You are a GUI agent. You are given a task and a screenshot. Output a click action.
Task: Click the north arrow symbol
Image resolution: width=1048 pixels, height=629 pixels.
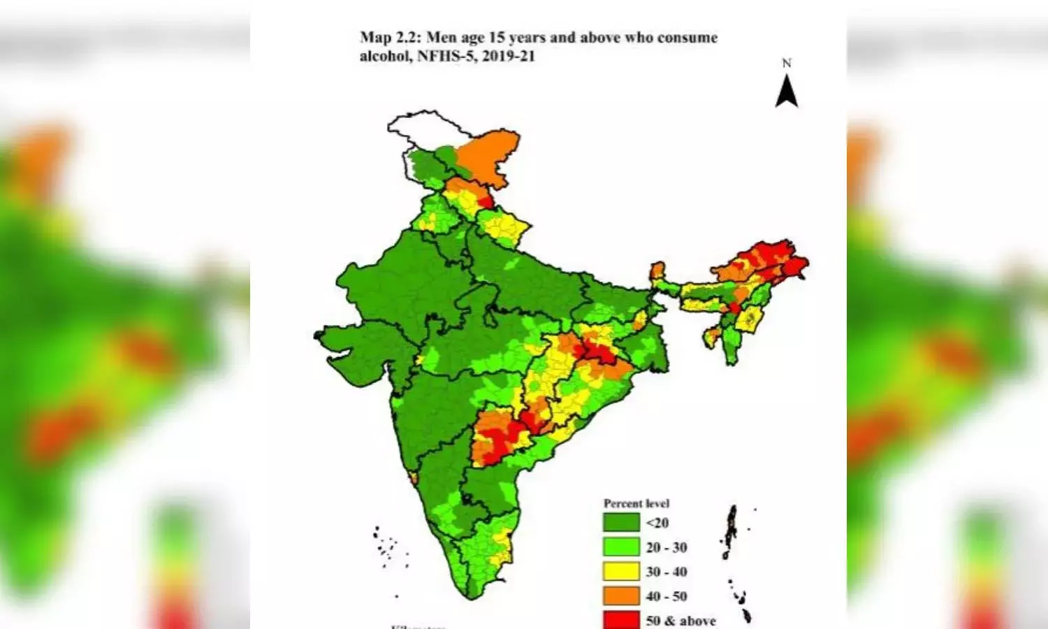[787, 92]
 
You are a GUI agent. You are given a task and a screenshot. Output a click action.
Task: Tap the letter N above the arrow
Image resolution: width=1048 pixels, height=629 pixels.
[787, 64]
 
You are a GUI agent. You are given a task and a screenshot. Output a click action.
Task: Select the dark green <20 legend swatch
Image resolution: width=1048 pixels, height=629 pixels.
[621, 523]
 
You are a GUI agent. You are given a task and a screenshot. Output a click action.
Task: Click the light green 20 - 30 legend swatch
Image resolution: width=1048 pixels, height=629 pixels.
[621, 547]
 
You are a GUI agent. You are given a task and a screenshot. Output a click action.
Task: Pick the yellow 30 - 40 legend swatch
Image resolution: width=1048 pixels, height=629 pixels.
[621, 572]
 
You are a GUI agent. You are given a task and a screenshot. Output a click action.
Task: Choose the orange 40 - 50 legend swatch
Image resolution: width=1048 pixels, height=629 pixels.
[621, 596]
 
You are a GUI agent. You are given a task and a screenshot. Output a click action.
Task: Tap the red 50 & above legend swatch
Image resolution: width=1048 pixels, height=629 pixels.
[621, 619]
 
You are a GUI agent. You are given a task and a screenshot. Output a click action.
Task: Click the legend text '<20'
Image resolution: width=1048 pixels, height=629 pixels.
[657, 523]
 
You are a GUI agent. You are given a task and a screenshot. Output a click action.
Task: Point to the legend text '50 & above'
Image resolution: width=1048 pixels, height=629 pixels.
[681, 621]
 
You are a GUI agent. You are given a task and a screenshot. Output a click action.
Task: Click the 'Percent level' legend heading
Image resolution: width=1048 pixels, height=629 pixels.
[636, 503]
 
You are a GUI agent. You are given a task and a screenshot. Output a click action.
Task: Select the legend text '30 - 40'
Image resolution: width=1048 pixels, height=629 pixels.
[666, 572]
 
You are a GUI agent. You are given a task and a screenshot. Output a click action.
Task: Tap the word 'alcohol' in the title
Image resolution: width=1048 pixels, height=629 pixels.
[384, 57]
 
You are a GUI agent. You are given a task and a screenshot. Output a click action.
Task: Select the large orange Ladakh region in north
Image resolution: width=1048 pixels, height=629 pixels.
[490, 157]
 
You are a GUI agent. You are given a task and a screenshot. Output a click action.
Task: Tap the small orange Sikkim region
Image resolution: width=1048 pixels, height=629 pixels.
[657, 271]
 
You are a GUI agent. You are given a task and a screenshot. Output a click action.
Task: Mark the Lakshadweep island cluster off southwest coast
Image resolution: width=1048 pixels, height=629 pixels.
[385, 546]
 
